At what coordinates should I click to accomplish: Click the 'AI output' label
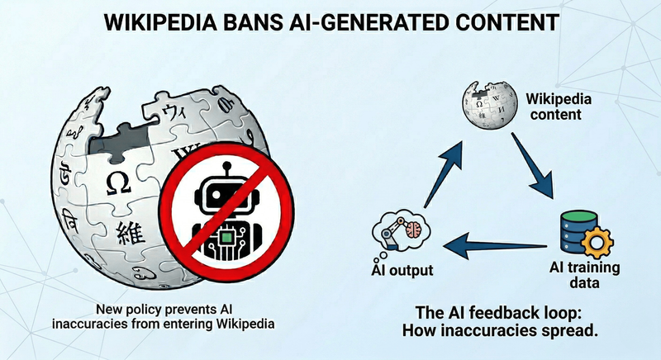tap(400, 271)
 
